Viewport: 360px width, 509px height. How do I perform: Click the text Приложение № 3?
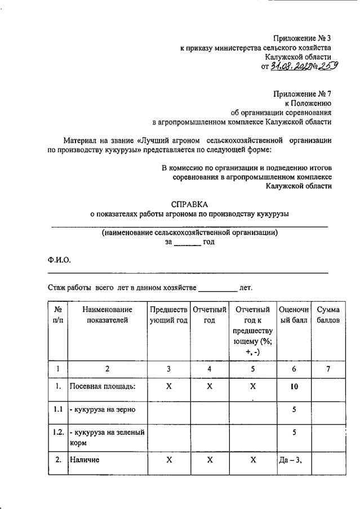[302, 38]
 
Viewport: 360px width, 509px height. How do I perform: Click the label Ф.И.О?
[59, 260]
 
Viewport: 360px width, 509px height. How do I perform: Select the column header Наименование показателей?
[107, 315]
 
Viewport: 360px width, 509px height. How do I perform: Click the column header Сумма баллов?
[328, 315]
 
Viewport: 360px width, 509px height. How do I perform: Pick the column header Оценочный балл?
[294, 315]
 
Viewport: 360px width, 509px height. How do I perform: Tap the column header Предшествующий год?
[168, 315]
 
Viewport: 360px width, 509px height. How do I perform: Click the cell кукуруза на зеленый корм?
[107, 437]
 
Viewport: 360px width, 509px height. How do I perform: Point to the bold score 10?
[294, 387]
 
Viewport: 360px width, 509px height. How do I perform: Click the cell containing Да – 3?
[291, 460]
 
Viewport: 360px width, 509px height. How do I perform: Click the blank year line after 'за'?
[187, 242]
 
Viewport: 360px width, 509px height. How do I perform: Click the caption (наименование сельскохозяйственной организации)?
[190, 232]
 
